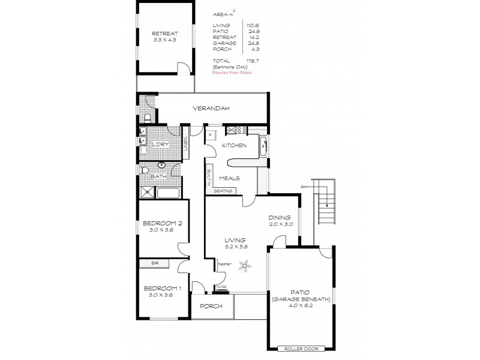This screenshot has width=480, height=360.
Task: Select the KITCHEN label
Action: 235,146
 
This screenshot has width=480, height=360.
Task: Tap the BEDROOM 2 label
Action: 161,222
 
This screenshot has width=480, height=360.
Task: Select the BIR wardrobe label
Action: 155,263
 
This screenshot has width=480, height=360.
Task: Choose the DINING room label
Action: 280,218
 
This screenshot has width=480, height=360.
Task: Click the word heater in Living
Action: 225,264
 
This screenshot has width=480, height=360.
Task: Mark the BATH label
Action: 158,176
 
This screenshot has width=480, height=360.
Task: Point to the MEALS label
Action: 230,178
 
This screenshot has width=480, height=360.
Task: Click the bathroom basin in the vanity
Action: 161,165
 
